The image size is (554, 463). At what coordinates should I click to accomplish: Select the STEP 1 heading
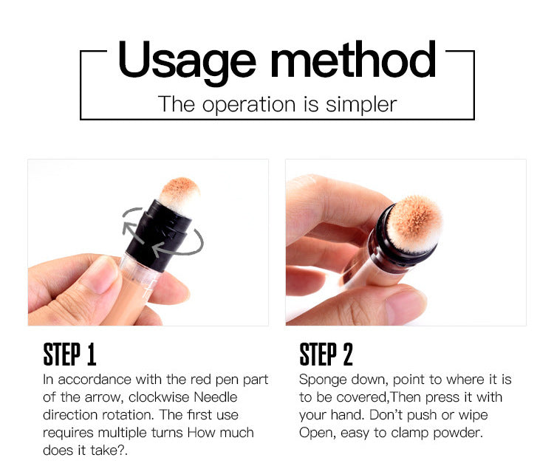click(x=69, y=354)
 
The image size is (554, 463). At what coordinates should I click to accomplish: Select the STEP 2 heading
click(x=326, y=354)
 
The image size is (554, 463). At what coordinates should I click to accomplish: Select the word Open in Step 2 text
click(x=315, y=433)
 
